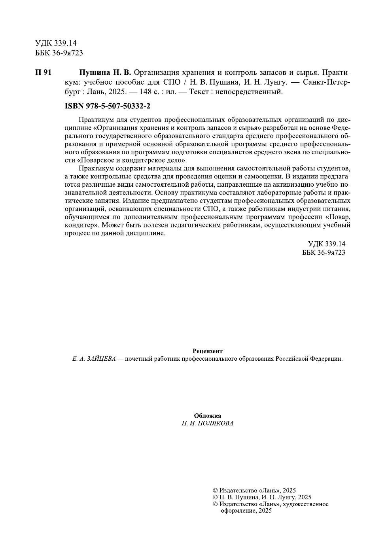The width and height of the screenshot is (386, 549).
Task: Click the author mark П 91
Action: click(43, 72)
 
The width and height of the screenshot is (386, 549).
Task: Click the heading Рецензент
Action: click(208, 351)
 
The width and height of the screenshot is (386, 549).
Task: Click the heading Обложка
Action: click(208, 416)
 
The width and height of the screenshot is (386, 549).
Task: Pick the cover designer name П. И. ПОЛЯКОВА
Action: click(208, 423)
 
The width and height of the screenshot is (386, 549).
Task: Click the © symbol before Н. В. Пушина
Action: click(215, 497)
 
